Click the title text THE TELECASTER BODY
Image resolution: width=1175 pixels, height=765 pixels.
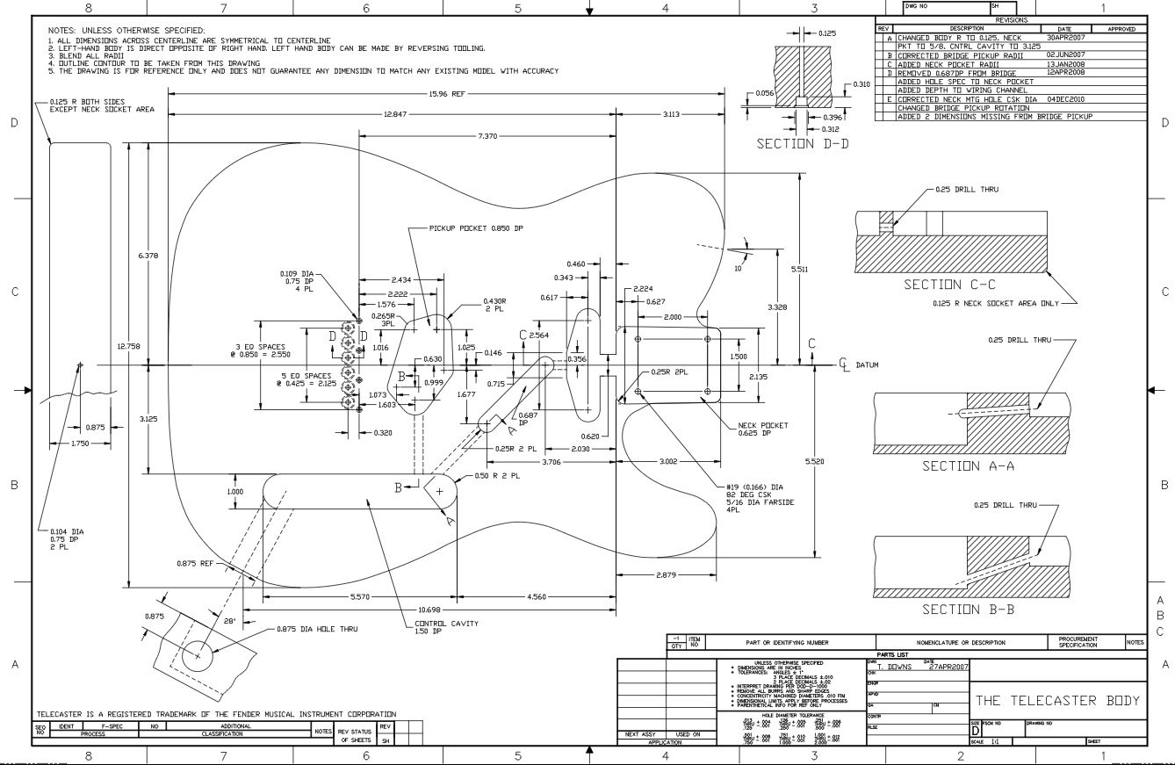(x=1057, y=701)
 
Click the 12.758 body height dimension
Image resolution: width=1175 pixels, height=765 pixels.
(x=119, y=346)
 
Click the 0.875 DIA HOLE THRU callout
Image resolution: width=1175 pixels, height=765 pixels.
(x=343, y=630)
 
